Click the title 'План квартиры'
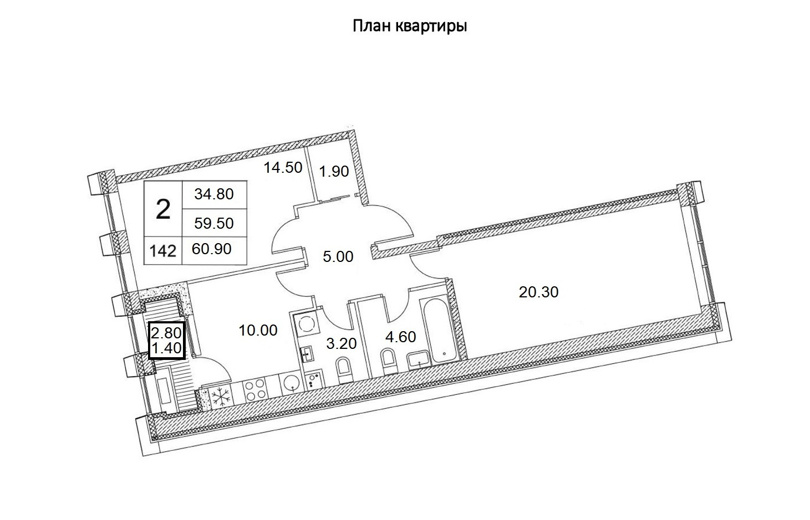tap(410, 26)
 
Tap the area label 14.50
tap(283, 167)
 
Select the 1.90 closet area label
tap(334, 172)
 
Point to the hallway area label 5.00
tap(338, 257)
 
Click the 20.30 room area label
tap(538, 291)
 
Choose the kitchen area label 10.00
tap(258, 331)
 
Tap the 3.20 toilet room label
tap(341, 343)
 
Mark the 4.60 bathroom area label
tap(400, 337)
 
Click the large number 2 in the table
tap(163, 210)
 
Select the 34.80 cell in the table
tap(214, 194)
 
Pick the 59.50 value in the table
tap(214, 223)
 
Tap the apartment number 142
tap(163, 251)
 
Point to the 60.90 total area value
tap(211, 249)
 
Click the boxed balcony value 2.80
tap(166, 333)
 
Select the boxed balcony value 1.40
tap(166, 348)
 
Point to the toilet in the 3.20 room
tap(344, 369)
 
